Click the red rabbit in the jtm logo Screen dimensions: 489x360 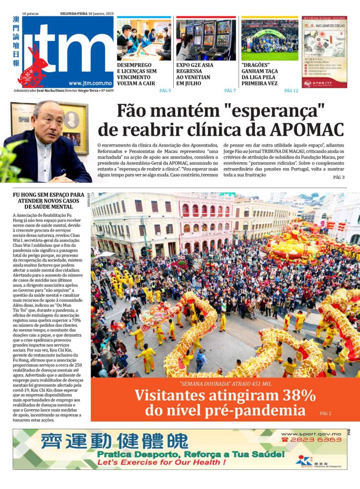click(x=33, y=67)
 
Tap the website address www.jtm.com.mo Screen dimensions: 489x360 click(x=91, y=83)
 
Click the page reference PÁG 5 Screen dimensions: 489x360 click(x=165, y=90)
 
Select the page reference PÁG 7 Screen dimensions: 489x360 click(x=230, y=90)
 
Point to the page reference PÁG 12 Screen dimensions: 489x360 click(x=291, y=90)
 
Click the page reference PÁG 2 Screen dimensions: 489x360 click(x=326, y=413)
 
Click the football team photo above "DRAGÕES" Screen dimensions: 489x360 click(x=269, y=40)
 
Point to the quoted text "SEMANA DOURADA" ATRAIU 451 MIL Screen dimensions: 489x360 click(x=225, y=384)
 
